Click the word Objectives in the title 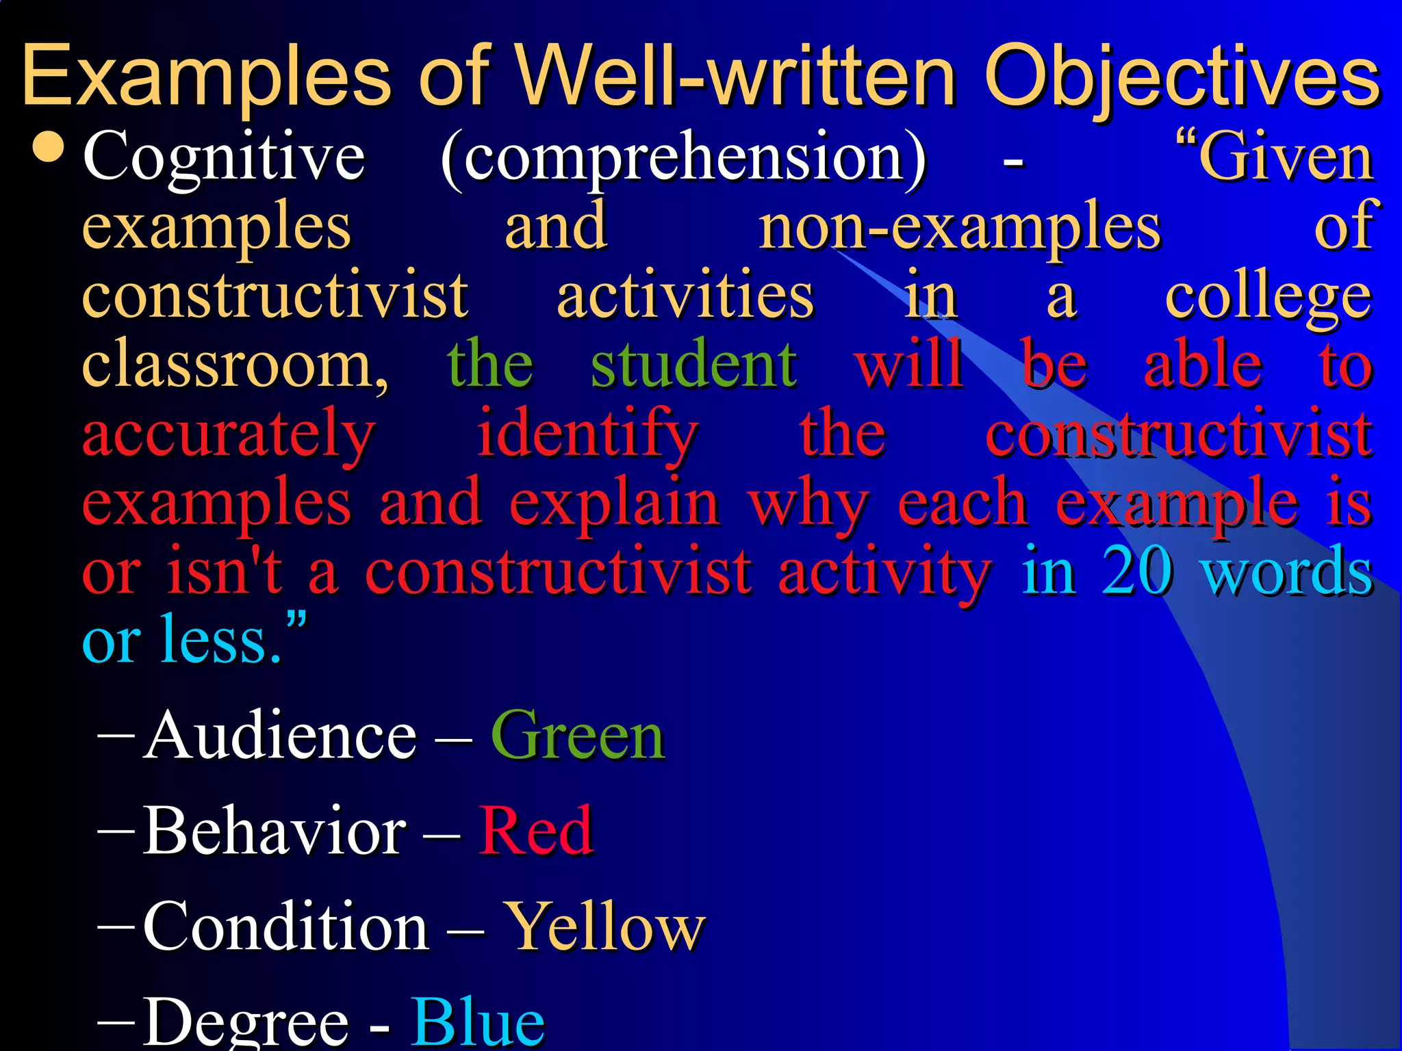(x=1182, y=77)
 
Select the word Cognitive (x=224, y=157)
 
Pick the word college (x=1268, y=297)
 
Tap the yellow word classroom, (x=235, y=365)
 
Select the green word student (x=693, y=365)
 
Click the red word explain (x=614, y=504)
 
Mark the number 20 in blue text (x=1137, y=571)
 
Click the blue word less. (x=220, y=640)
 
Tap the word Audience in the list (x=280, y=736)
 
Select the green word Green (x=577, y=736)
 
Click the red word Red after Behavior (x=535, y=831)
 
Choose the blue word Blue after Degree (x=477, y=1021)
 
